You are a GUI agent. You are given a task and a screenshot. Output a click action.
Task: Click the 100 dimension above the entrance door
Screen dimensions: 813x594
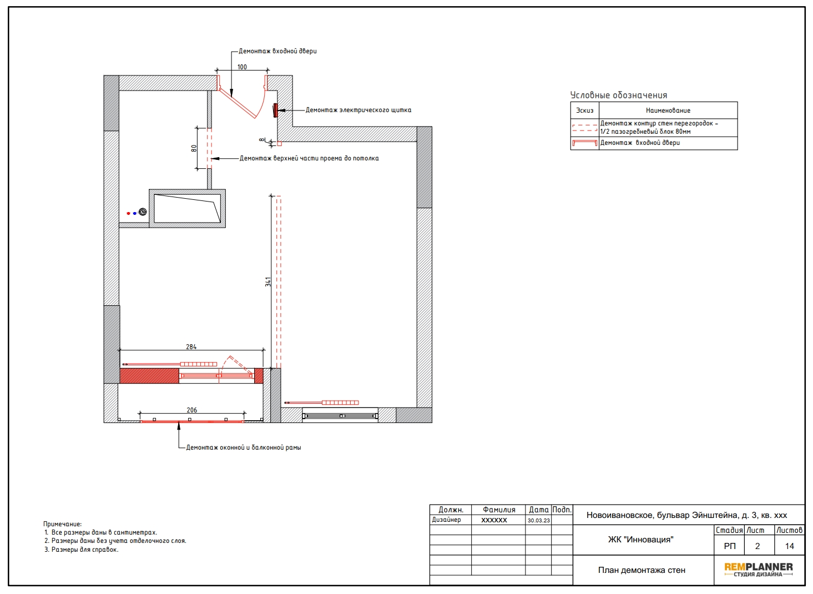point(242,67)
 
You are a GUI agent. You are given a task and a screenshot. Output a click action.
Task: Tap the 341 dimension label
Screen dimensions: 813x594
point(268,282)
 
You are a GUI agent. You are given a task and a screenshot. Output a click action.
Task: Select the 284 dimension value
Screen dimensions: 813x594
point(191,347)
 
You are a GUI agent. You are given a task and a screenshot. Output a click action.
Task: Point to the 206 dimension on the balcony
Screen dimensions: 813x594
point(192,410)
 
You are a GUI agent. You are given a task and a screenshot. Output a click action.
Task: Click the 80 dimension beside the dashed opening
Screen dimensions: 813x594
point(194,149)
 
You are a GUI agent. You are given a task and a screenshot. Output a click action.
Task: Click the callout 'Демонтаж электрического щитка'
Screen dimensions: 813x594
point(358,110)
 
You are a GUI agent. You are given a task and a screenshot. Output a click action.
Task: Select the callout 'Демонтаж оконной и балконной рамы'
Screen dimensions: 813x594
point(244,447)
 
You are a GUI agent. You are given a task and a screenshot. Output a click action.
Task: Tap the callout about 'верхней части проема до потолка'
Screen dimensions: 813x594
point(309,158)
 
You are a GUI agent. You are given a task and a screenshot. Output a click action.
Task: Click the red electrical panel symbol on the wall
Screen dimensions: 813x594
point(275,110)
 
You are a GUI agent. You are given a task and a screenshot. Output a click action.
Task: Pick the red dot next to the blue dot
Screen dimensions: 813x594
point(128,214)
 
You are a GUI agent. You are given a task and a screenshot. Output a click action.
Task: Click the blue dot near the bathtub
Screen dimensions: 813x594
point(135,214)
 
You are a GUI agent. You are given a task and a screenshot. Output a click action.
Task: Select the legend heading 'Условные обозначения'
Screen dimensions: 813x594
point(619,95)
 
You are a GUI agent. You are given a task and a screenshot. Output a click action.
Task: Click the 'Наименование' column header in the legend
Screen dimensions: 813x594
point(668,110)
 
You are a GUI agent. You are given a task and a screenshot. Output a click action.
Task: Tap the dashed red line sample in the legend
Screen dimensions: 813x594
point(585,128)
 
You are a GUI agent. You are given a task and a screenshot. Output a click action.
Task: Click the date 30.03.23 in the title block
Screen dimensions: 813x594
point(539,521)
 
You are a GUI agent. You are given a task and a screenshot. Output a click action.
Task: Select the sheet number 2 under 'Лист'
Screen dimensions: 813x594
point(758,546)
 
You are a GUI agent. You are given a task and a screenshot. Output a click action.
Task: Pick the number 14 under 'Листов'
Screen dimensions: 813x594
point(790,546)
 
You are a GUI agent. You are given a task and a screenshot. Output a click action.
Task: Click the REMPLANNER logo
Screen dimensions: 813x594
point(759,570)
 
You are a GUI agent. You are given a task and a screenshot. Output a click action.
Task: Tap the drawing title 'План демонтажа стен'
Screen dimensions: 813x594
point(642,570)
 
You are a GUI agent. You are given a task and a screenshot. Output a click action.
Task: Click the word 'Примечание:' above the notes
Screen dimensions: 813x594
point(62,524)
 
